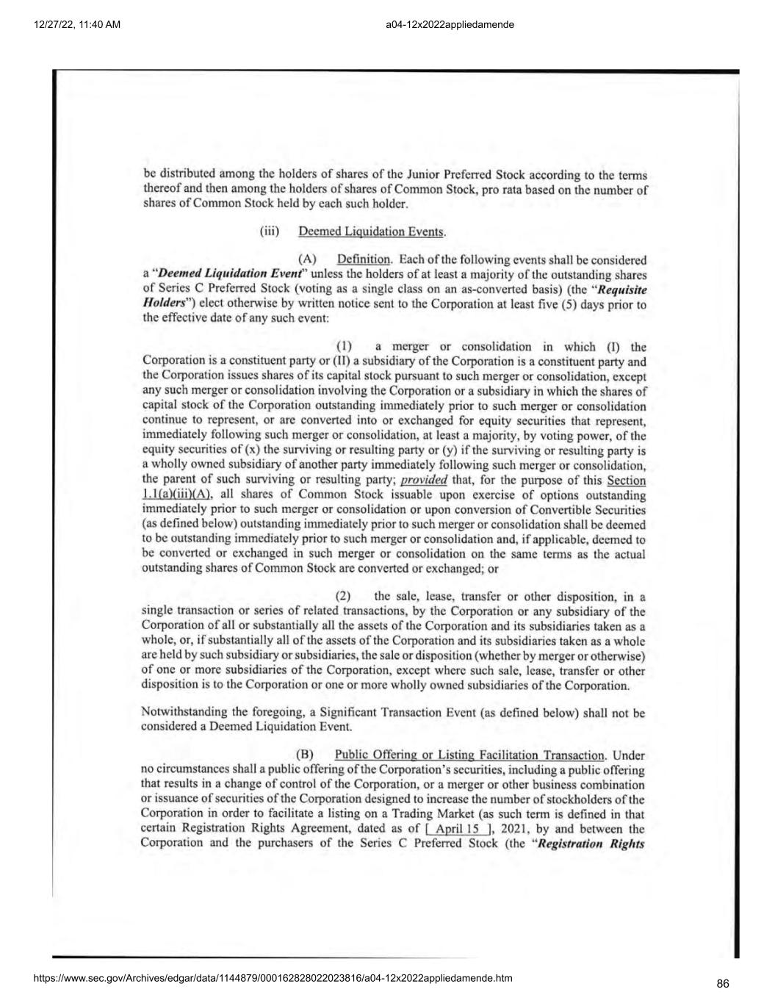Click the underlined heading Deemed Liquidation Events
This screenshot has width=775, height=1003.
(x=371, y=232)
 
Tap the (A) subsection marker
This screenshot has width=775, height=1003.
(x=306, y=259)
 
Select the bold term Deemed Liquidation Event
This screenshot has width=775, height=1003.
(x=229, y=274)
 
